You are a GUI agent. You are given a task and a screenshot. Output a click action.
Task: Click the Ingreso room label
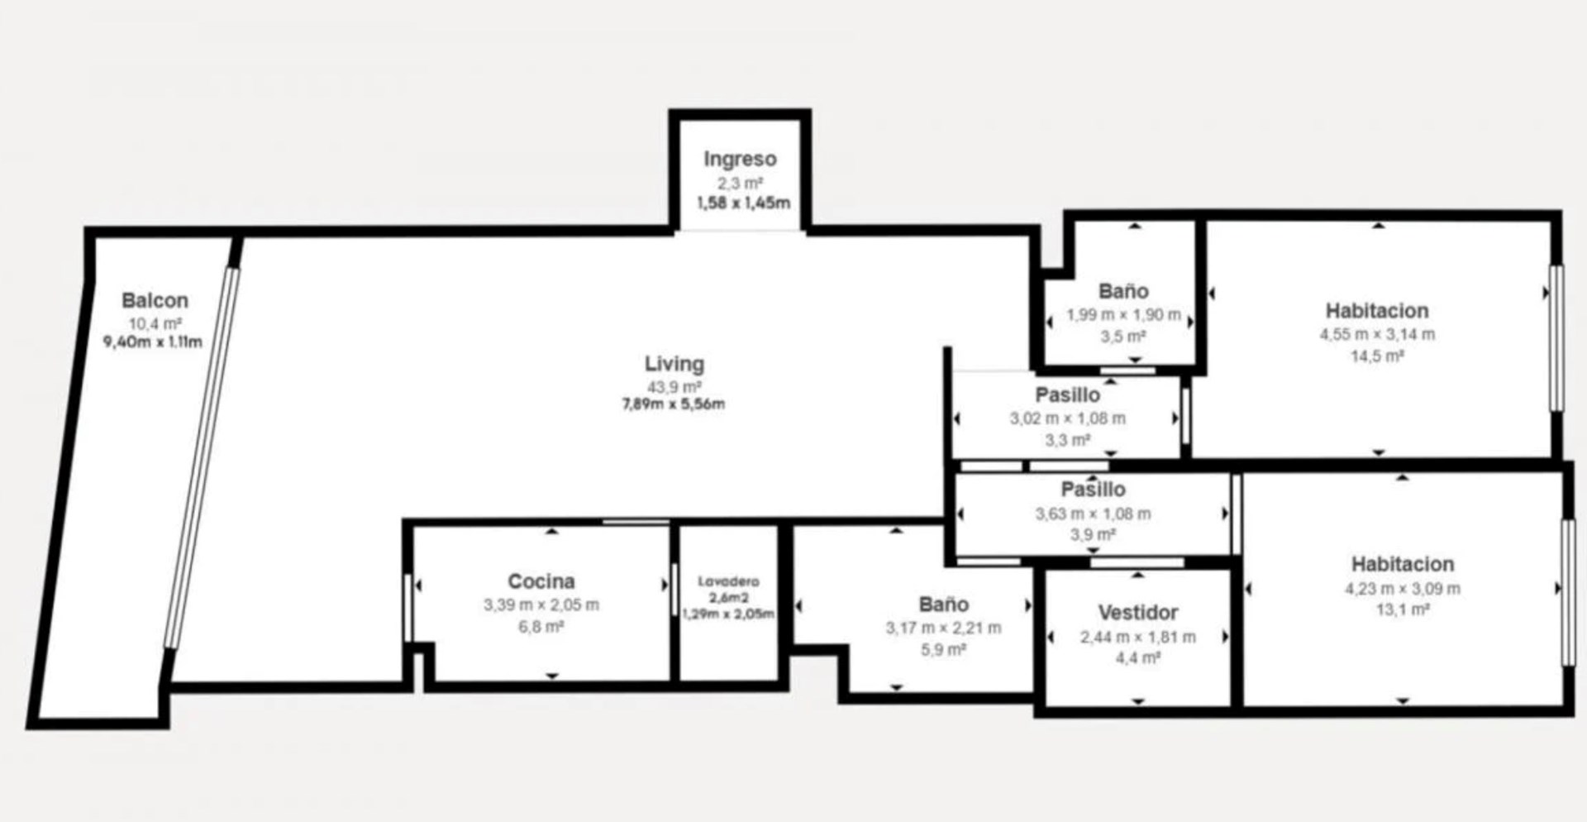[x=740, y=159]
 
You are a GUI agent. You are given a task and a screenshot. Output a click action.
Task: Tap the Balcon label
[x=155, y=300]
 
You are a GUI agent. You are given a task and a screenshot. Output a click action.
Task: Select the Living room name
[x=674, y=364]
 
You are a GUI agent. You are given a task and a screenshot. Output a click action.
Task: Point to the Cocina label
[x=541, y=581]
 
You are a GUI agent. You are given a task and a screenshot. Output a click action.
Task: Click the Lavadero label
[x=728, y=581]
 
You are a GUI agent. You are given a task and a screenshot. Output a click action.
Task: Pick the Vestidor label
[x=1138, y=613]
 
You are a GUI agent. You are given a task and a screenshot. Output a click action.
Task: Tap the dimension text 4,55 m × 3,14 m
[x=1377, y=335]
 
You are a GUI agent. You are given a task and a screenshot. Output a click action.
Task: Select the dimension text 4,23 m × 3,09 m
[x=1402, y=589]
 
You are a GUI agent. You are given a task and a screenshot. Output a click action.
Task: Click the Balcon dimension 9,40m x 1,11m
[x=152, y=341]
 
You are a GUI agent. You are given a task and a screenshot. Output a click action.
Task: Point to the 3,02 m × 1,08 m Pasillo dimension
[x=1067, y=418]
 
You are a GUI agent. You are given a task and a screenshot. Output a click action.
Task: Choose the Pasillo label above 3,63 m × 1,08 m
[x=1093, y=490]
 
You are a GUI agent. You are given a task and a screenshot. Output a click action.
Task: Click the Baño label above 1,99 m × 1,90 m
[x=1123, y=291]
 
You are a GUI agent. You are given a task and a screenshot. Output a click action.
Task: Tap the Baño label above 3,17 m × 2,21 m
[x=943, y=605]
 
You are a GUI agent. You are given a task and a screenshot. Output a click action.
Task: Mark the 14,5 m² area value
[x=1377, y=356]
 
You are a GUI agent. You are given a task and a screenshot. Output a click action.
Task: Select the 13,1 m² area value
[x=1402, y=610]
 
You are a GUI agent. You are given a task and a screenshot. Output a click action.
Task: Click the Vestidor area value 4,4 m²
[x=1138, y=658]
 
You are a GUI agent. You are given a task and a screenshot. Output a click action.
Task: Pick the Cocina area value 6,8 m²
[x=541, y=627]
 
